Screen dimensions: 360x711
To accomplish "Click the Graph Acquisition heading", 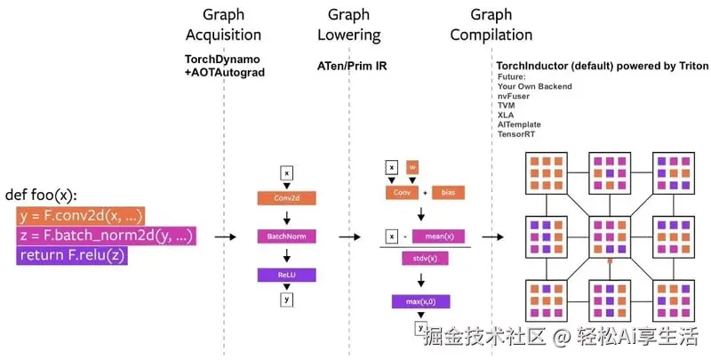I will [x=223, y=25].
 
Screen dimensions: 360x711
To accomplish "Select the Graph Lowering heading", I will [x=348, y=25].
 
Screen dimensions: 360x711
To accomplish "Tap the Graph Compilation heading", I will [x=491, y=25].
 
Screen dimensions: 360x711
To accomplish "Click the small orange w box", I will [x=411, y=167].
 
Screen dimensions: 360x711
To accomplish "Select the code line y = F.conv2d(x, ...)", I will [x=81, y=216].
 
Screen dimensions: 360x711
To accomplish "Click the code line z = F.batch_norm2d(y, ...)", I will [x=106, y=236].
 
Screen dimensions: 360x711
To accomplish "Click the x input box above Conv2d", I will [x=286, y=173].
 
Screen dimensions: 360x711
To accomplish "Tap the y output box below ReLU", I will [x=286, y=300].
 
